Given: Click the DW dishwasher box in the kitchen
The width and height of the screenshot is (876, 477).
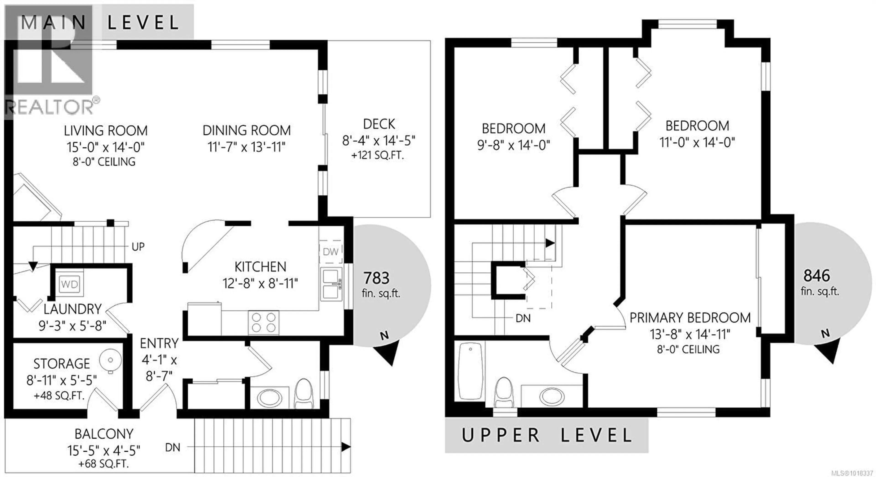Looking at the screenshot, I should [331, 252].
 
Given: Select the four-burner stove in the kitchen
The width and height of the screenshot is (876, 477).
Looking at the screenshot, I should [263, 322].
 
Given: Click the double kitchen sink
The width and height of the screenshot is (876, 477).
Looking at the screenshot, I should [331, 284].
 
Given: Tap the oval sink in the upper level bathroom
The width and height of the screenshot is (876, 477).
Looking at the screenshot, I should [552, 397].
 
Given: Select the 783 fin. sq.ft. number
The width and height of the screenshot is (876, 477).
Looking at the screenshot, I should [376, 278].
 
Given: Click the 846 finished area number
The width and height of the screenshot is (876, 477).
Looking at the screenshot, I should [816, 276].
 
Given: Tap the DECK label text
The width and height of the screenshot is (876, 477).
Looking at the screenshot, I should [379, 124].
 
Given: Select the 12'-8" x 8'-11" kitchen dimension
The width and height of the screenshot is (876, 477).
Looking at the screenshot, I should [260, 283].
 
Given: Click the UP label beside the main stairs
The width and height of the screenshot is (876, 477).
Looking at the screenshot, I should [138, 247].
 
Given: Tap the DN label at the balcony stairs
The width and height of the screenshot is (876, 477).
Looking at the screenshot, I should [172, 447].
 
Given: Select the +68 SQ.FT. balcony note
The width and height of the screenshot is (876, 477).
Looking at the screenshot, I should [104, 464].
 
